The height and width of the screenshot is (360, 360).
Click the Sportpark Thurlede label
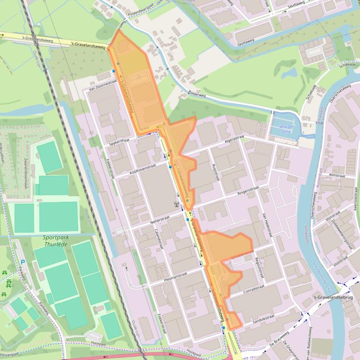coord(56,241)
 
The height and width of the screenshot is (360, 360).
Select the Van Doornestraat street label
coord(102,85)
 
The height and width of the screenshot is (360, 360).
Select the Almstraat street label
coord(337,174)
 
